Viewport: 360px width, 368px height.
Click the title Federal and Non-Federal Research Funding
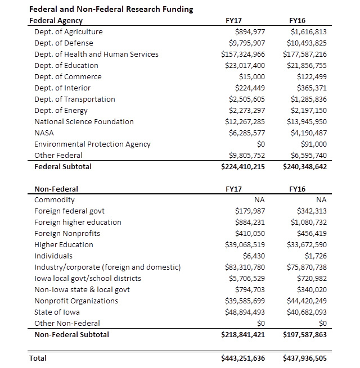click(111, 9)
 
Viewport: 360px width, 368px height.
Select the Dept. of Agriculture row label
click(69, 32)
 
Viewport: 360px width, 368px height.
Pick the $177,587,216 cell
click(305, 54)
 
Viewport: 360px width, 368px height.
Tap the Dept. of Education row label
click(67, 66)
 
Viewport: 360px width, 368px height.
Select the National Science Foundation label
click(84, 122)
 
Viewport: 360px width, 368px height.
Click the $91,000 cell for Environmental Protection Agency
click(314, 144)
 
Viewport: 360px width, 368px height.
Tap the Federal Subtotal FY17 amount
click(243, 167)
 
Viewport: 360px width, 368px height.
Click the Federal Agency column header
click(56, 21)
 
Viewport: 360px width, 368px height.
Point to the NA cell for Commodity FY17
click(260, 200)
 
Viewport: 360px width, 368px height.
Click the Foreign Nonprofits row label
click(67, 234)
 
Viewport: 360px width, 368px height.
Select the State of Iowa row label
click(57, 312)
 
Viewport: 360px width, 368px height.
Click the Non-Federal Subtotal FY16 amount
click(305, 335)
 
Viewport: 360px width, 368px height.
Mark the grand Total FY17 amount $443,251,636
click(243, 358)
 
